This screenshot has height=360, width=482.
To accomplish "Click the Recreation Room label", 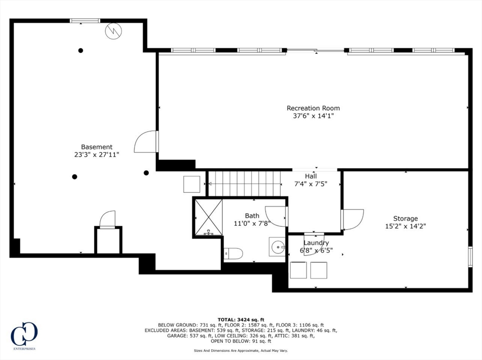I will tap(313, 108).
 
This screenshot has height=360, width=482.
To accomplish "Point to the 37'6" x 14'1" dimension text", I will tap(313, 115).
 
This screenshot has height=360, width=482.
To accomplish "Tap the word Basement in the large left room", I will tap(96, 147).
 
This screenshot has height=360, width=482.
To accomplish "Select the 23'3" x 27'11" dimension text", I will tap(96, 154).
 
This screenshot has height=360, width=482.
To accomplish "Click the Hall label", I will tap(311, 176).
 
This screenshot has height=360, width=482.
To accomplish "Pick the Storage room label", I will tap(405, 218).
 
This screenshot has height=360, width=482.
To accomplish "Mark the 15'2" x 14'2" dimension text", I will tap(405, 226).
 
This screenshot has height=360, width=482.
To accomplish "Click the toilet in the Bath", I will tap(233, 254).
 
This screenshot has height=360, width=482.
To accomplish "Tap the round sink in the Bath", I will tap(277, 246).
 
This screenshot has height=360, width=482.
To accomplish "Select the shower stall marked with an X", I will tap(209, 217).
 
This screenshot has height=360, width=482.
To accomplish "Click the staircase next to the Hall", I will tap(244, 184).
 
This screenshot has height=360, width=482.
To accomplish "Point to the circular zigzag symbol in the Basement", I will tap(113, 31).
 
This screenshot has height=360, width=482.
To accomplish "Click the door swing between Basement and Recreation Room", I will tap(145, 142).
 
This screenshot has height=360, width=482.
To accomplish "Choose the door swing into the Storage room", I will tap(353, 219).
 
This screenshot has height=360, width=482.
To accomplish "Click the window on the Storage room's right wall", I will tap(470, 256).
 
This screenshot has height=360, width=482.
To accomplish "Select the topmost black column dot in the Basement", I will tap(81, 50).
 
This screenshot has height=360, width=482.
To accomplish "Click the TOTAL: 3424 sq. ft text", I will tap(241, 320).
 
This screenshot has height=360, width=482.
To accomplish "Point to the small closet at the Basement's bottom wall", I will tap(108, 241).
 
